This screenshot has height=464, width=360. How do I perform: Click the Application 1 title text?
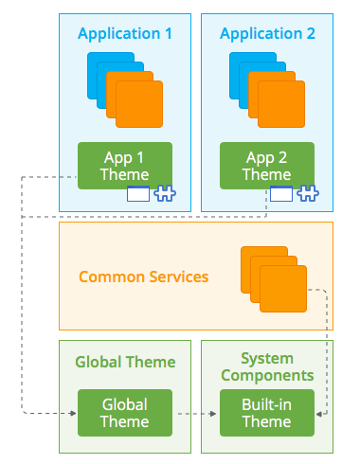125,34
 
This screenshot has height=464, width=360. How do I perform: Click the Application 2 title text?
267,34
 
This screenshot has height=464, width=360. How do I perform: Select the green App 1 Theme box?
124,165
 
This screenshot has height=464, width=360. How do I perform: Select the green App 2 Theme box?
266,165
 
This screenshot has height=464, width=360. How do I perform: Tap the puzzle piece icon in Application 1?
165,195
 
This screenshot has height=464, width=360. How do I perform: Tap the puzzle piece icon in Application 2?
307,195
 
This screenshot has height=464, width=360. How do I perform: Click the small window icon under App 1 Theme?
138,195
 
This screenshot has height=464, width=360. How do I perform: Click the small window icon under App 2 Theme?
280,195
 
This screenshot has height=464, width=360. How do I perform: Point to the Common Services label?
143,277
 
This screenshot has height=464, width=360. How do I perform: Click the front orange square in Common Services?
283,289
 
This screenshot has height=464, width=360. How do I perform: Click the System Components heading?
266,366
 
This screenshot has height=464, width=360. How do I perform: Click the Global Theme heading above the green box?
125,362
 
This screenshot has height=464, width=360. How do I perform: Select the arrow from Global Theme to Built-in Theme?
195,414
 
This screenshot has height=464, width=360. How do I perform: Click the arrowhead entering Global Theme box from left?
72,414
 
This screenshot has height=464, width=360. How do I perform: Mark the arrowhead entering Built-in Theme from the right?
319,414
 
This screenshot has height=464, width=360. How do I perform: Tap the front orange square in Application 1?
139,96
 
